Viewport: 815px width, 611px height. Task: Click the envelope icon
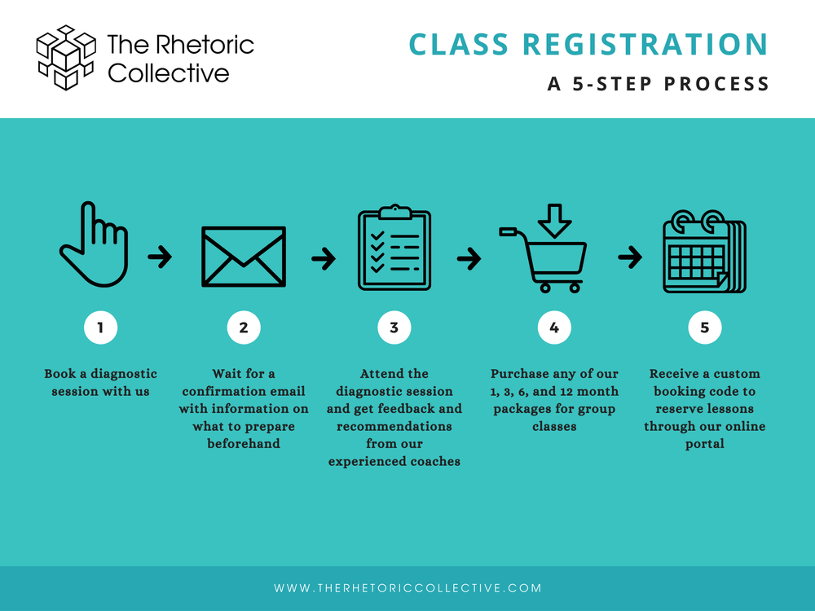[x=244, y=257]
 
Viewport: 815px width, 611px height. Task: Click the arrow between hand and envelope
[x=160, y=258]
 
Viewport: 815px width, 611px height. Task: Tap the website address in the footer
[x=407, y=587]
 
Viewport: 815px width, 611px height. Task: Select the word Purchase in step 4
[x=520, y=374]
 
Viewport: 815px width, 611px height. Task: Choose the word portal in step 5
[x=705, y=444]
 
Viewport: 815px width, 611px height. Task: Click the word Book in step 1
[x=59, y=374]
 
